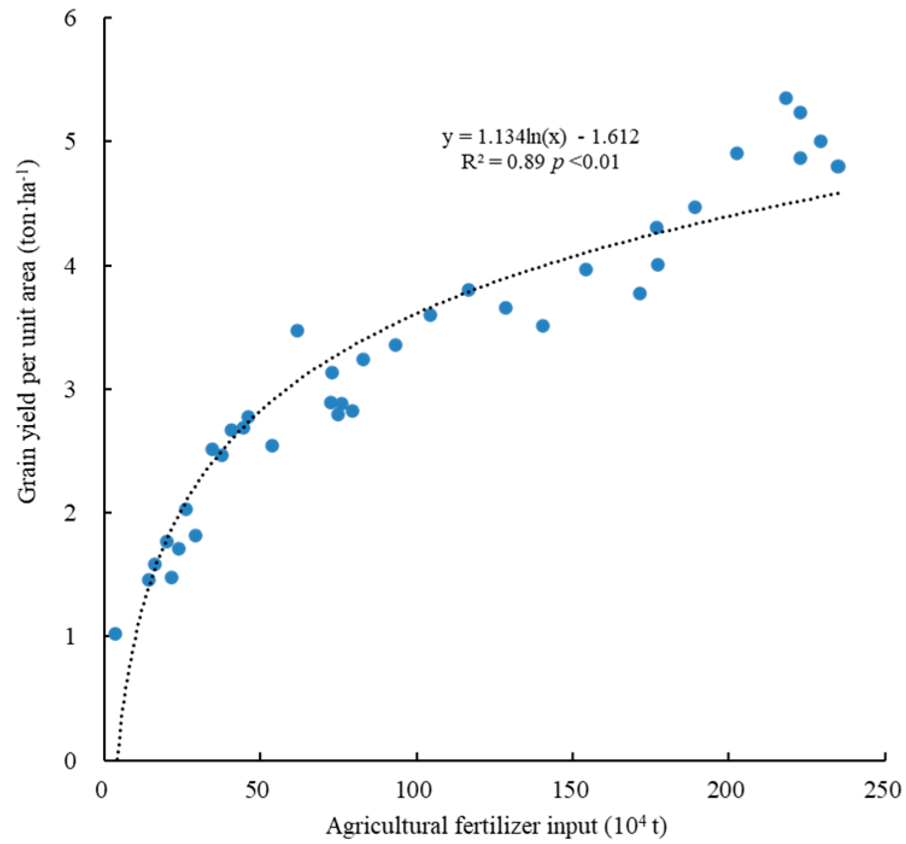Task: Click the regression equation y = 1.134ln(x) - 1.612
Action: pyautogui.click(x=540, y=137)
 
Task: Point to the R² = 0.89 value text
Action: pyautogui.click(x=503, y=162)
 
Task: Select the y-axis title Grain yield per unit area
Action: pyautogui.click(x=27, y=332)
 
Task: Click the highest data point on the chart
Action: pyautogui.click(x=785, y=98)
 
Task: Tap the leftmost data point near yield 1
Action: pyautogui.click(x=115, y=634)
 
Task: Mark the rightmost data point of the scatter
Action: pyautogui.click(x=838, y=166)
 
